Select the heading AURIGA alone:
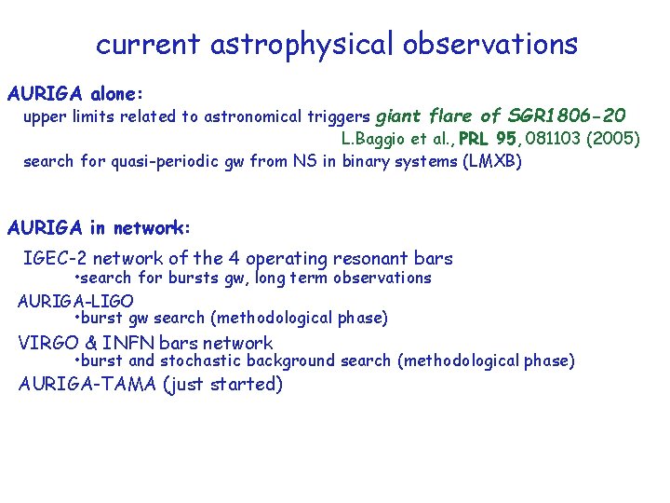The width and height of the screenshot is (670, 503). pos(75,94)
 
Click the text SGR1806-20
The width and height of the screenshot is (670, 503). pos(567,116)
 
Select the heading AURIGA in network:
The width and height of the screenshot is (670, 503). pos(99,227)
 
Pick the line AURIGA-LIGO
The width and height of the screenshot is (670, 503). pos(75,301)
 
